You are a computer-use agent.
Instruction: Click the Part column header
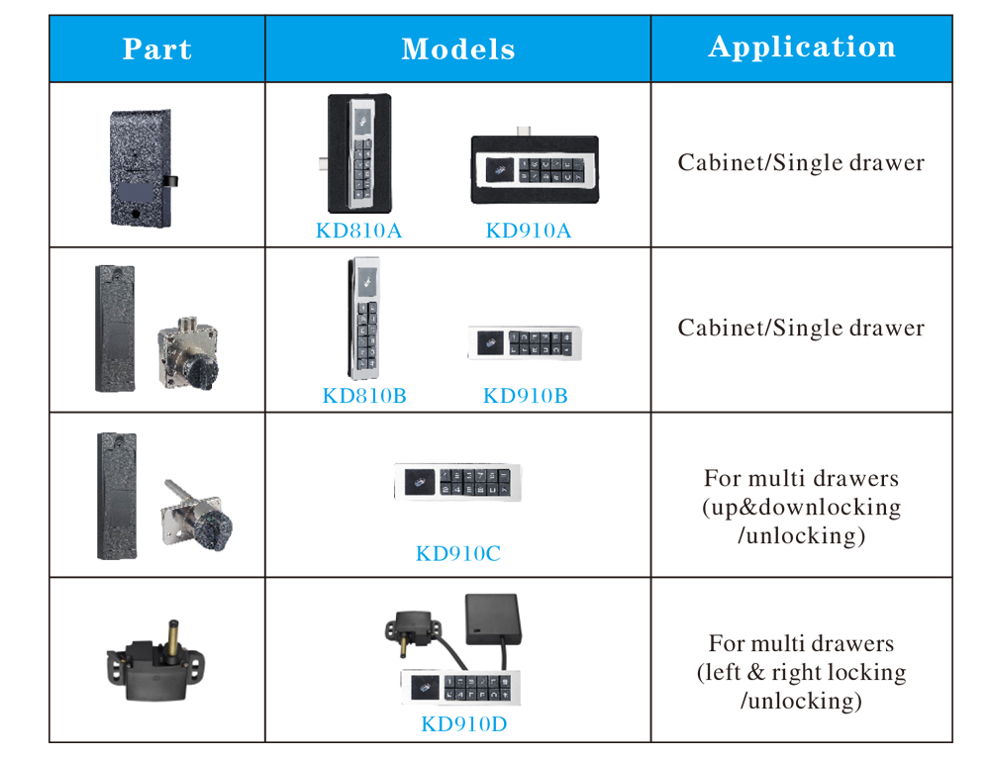pos(156,49)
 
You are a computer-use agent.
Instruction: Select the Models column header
pos(457,49)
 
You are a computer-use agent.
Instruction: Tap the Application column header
pos(801,47)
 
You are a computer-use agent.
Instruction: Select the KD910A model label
pos(528,232)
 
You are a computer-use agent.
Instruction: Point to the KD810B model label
pos(364,397)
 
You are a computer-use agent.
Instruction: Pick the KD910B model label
pos(525,397)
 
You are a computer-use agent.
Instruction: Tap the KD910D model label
pos(463,724)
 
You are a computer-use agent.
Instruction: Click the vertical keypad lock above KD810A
pos(358,153)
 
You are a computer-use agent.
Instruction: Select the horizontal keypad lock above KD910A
pos(534,169)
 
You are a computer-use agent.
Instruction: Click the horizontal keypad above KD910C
pos(457,482)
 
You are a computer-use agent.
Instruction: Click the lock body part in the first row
pos(140,165)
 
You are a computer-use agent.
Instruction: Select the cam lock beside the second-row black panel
pos(187,344)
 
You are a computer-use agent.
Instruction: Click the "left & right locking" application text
pos(801,673)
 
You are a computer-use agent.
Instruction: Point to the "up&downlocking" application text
pos(801,508)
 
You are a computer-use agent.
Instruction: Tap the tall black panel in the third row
pos(116,494)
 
